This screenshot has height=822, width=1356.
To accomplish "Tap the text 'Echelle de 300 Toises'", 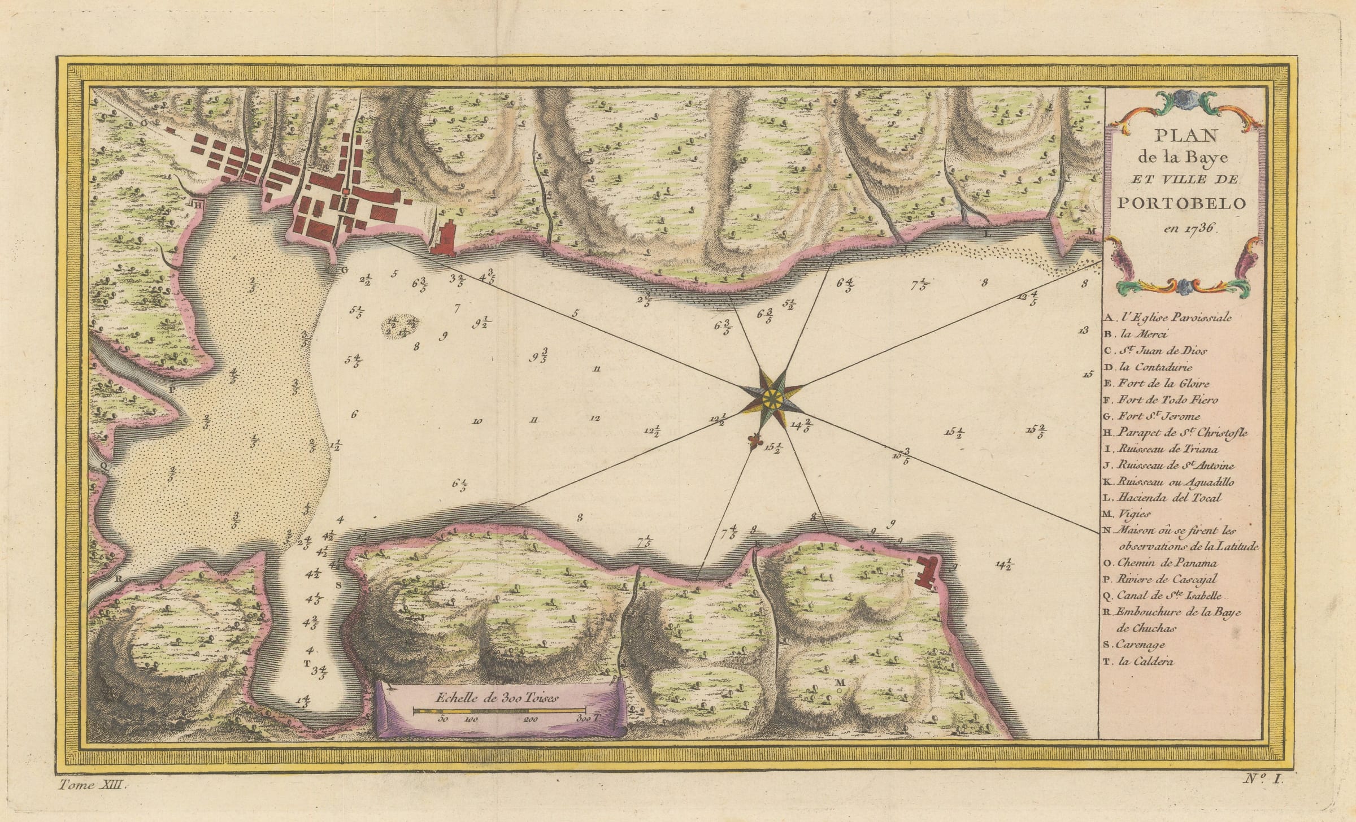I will [497, 697].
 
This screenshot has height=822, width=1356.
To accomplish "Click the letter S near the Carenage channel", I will [338, 585].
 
